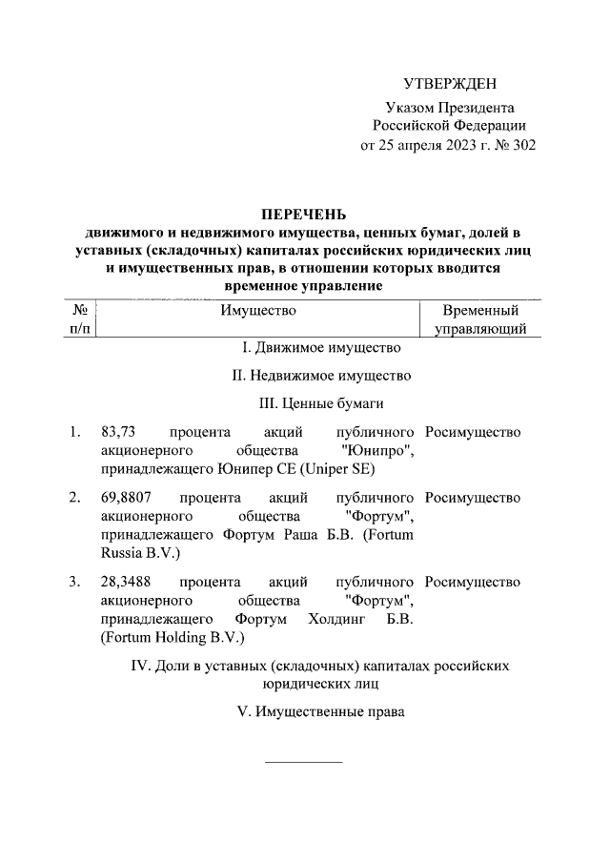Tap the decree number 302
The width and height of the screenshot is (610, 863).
tap(524, 146)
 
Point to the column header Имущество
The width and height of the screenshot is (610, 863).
tap(258, 310)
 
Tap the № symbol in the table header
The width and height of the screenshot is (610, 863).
tap(81, 310)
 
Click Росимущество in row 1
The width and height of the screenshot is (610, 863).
tap(473, 432)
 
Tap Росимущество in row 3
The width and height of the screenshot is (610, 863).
tap(473, 581)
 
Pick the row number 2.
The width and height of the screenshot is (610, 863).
tap(74, 497)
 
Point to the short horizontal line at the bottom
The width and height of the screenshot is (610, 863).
tap(302, 762)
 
